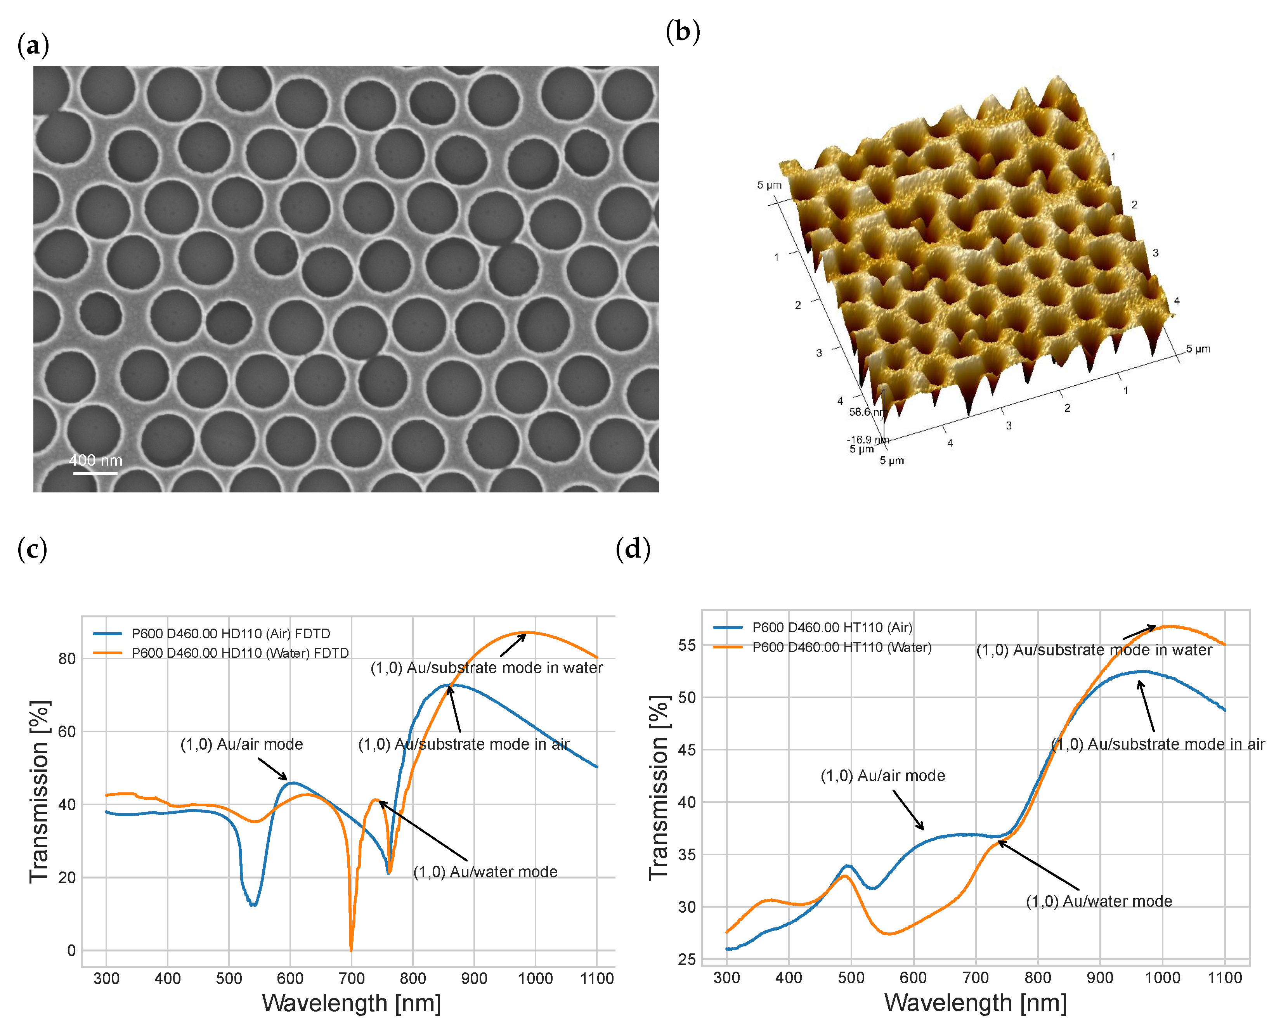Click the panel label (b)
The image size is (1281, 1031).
pyautogui.click(x=683, y=31)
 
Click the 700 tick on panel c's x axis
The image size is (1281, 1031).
pyautogui.click(x=351, y=978)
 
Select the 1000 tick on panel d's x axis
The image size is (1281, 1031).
pyautogui.click(x=1162, y=977)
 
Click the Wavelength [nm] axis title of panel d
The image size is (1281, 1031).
pyautogui.click(x=975, y=1003)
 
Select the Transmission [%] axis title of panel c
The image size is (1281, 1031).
pyautogui.click(x=39, y=792)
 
